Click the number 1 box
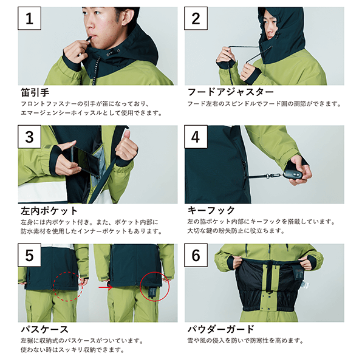pyautogui.click(x=30, y=18)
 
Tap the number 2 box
pyautogui.click(x=196, y=18)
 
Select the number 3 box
pyautogui.click(x=30, y=137)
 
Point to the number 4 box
pyautogui.click(x=196, y=137)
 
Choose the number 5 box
pyautogui.click(x=30, y=255)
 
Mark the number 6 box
pyautogui.click(x=196, y=255)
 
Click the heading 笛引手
pyautogui.click(x=35, y=92)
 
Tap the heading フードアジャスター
pyautogui.click(x=230, y=92)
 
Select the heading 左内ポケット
pyautogui.click(x=49, y=211)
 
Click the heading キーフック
pyautogui.click(x=211, y=210)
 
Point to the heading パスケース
pyautogui.click(x=44, y=329)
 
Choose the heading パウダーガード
pyautogui.click(x=221, y=329)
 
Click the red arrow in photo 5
pyautogui.click(x=106, y=287)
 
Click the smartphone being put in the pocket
pyautogui.click(x=86, y=161)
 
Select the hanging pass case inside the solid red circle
pyautogui.click(x=152, y=292)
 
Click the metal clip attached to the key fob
pyautogui.click(x=273, y=176)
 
